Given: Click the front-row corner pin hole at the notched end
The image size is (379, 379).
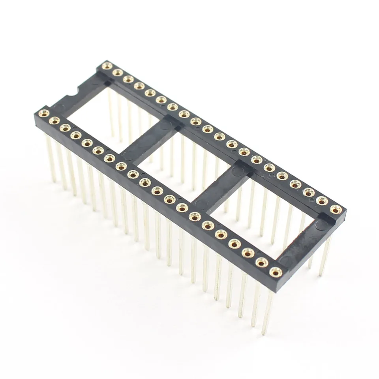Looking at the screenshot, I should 43,114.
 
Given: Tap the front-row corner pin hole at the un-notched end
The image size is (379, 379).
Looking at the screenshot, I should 275,272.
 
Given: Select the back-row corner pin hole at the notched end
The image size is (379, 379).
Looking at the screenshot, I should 107,66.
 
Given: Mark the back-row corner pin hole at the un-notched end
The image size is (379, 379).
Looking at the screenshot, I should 336,209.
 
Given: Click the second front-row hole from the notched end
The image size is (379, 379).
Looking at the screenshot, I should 54,120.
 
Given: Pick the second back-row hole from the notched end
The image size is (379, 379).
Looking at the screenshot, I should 117,72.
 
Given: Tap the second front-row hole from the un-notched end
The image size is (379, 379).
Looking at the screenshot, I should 262,262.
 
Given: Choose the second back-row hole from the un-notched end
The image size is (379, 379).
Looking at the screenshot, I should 322,201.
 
